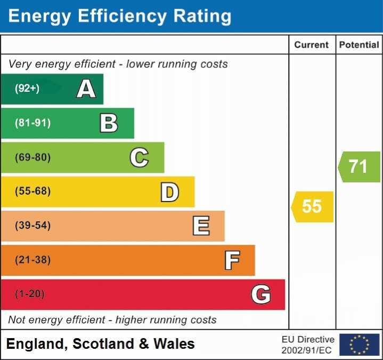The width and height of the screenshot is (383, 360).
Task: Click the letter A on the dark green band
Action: pos(86,89)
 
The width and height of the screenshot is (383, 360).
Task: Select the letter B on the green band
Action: pos(109,123)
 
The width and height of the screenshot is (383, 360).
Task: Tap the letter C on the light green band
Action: pos(139,157)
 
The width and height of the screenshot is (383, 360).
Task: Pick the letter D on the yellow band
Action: pos(169,191)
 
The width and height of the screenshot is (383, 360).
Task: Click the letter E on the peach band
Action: pos(201,226)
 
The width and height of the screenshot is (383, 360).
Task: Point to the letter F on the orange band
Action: pos(232,260)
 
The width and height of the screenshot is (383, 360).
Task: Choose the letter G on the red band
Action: pos(261,294)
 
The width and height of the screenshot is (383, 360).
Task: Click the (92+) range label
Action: pos(27,89)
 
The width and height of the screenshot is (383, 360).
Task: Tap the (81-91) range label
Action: pos(33,123)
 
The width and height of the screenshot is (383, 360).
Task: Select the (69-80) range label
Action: pos(33,157)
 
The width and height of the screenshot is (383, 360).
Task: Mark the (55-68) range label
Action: pos(33,191)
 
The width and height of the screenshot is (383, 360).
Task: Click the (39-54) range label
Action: pos(33,226)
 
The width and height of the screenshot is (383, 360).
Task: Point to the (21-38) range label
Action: pos(33,260)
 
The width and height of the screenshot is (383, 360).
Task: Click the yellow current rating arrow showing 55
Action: pos(312,206)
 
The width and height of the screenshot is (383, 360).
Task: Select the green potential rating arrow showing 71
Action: pos(359,166)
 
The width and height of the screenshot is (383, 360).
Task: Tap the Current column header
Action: pos(312,45)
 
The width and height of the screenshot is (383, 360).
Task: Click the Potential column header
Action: pos(359,45)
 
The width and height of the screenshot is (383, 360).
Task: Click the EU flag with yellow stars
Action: pos(359,345)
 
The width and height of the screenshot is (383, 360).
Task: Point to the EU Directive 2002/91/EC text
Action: pos(308,345)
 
